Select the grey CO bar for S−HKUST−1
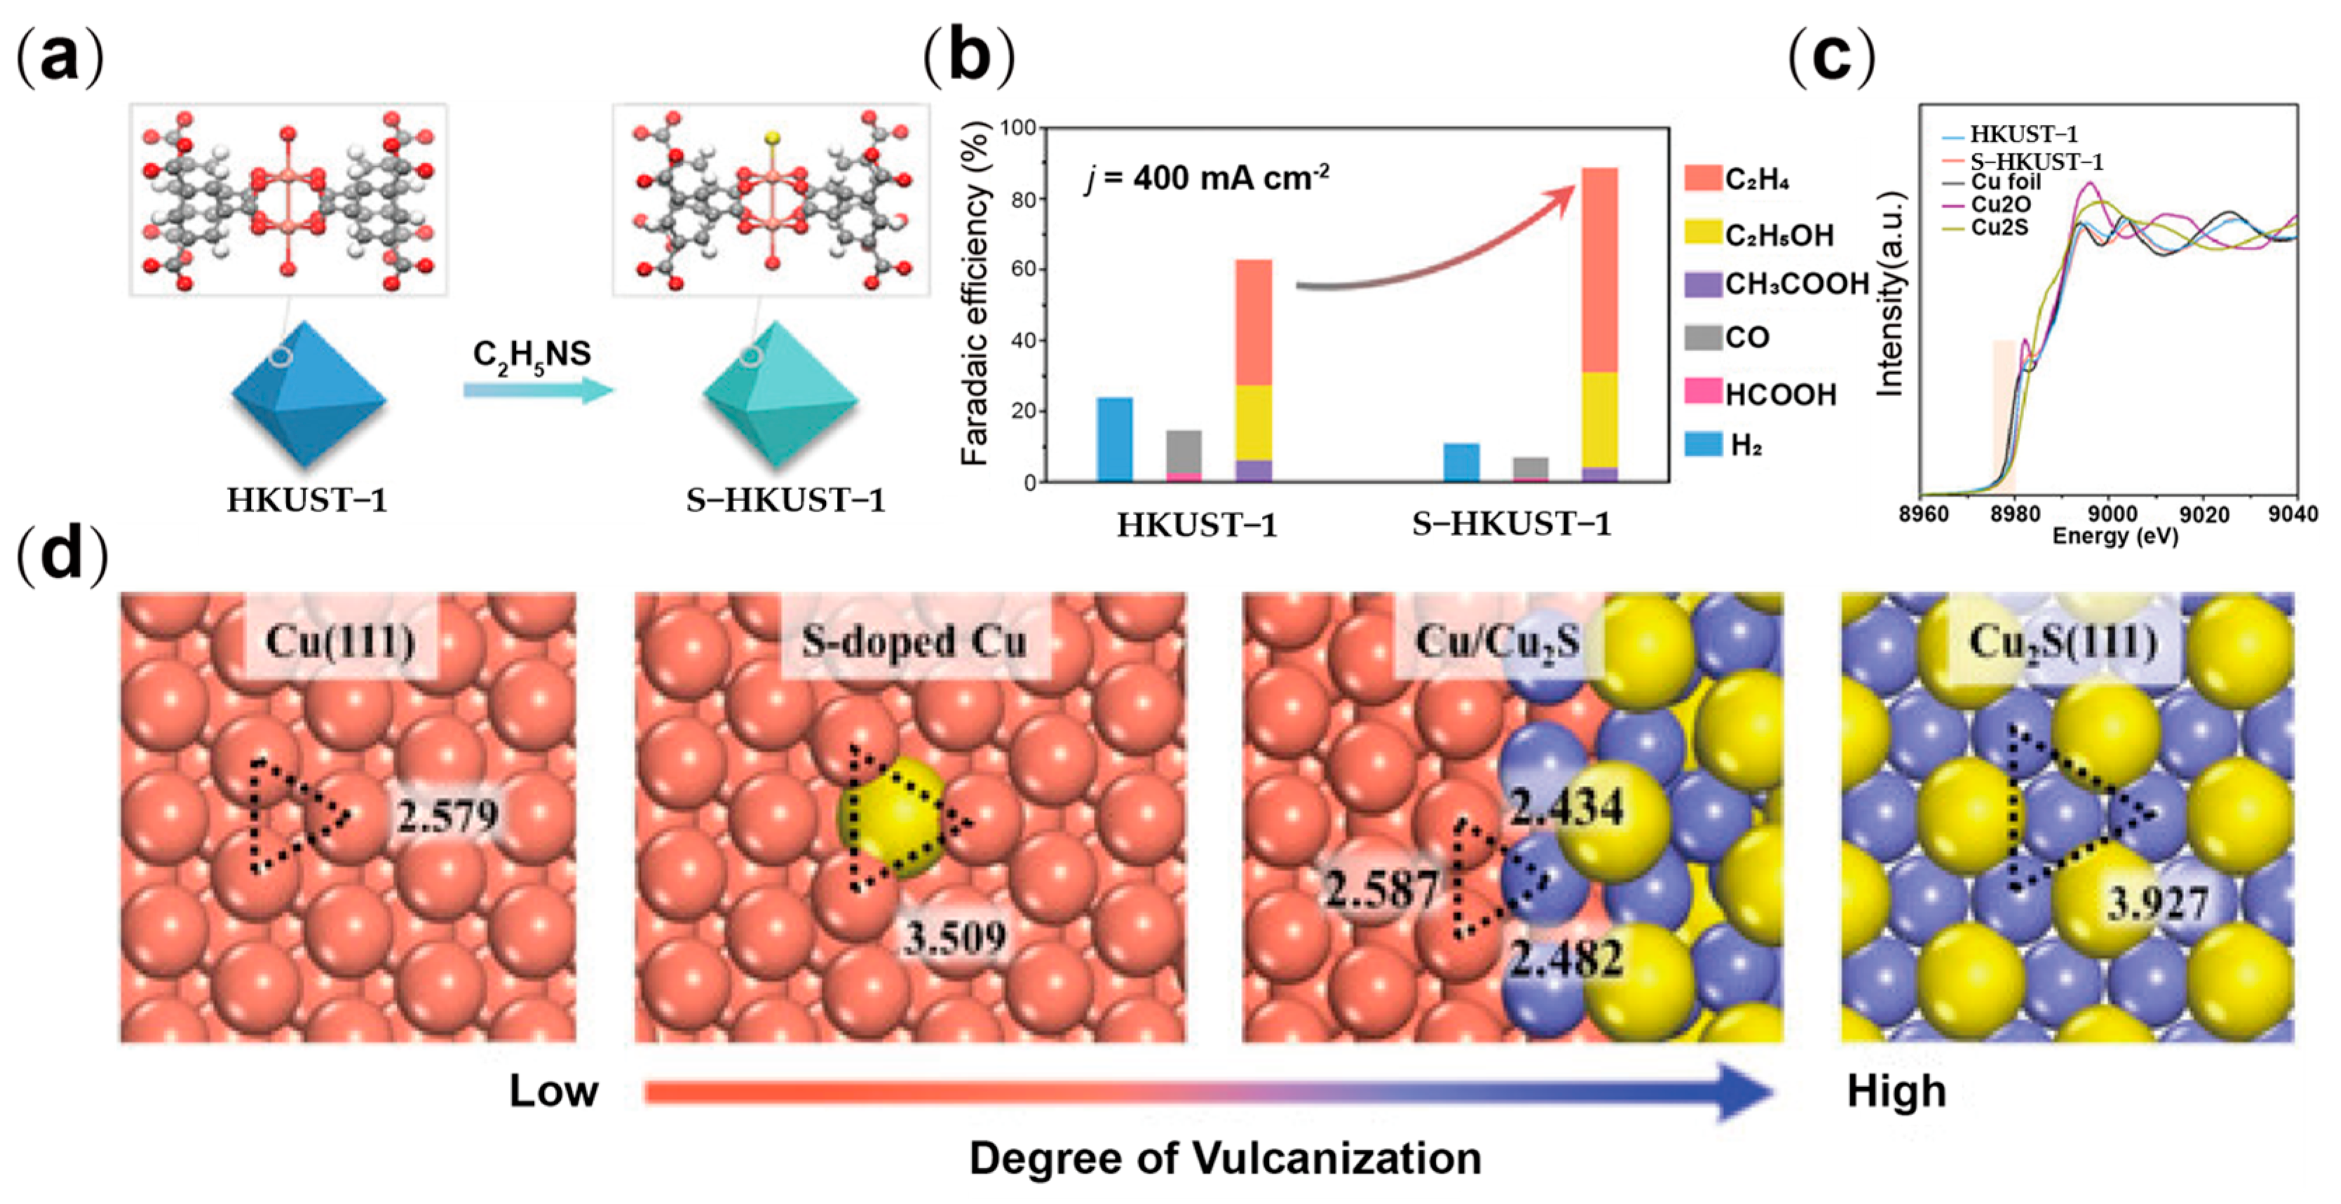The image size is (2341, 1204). coord(1531,467)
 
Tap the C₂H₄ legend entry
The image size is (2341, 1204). coord(1737,179)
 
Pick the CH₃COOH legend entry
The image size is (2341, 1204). coord(1777,285)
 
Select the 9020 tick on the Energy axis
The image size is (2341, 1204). coord(2204,514)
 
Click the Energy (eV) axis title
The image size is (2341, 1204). coord(2115,536)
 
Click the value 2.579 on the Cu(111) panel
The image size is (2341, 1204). coord(447,815)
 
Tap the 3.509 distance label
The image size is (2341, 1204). coord(954,937)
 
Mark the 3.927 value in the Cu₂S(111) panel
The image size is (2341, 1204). coord(2157,903)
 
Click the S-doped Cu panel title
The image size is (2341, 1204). coord(914,641)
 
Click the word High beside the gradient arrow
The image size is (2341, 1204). coord(1896,1090)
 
